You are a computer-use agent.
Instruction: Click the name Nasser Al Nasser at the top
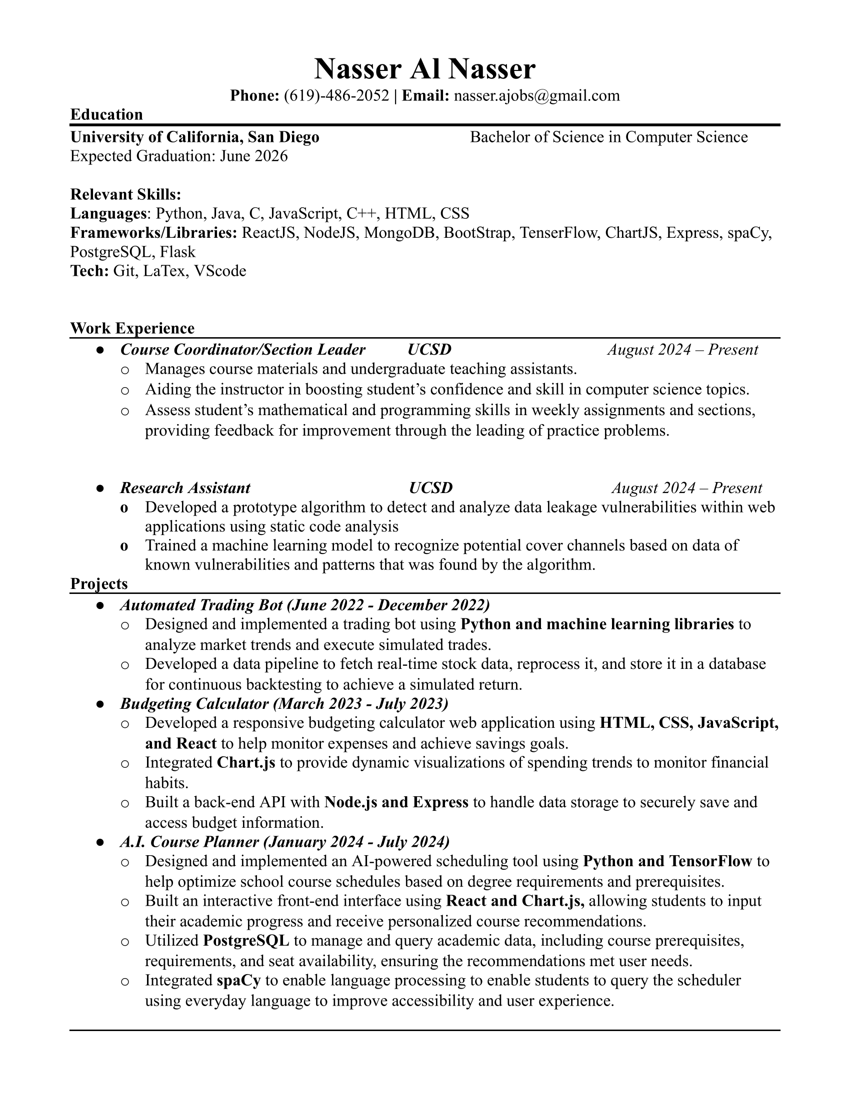click(424, 69)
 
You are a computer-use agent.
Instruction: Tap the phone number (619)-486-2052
click(336, 95)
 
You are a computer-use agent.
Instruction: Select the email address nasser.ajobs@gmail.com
click(537, 95)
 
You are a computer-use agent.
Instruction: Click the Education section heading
click(106, 115)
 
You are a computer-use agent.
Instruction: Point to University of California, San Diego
click(194, 137)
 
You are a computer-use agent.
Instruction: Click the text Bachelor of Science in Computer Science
click(608, 137)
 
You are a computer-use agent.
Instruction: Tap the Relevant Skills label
click(125, 194)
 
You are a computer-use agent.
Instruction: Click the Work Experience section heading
click(132, 328)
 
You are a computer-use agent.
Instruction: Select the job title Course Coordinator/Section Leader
click(242, 349)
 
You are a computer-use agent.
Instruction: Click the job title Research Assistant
click(185, 488)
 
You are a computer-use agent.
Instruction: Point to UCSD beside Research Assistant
click(430, 488)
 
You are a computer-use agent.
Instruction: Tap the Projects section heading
click(98, 583)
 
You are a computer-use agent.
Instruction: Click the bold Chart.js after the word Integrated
click(245, 762)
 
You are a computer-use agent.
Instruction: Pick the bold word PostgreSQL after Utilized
click(246, 940)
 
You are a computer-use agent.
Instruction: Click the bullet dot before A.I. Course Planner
click(99, 842)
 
